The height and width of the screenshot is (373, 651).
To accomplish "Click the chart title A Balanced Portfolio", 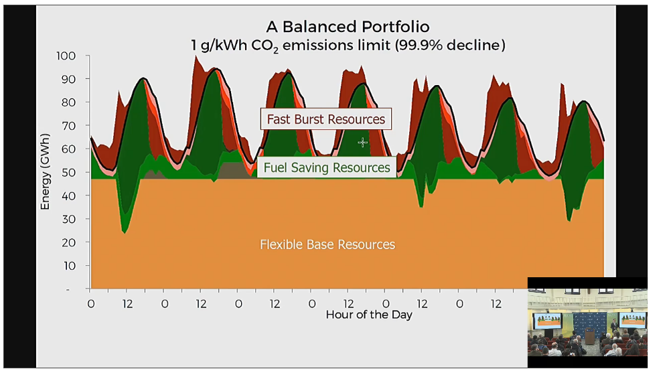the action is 348,27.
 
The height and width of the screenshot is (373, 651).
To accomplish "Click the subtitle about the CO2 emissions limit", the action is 348,46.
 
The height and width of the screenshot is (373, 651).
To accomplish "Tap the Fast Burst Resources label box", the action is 326,119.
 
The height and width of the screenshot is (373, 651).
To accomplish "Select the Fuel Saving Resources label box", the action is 327,167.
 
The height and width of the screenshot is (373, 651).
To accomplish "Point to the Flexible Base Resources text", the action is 328,244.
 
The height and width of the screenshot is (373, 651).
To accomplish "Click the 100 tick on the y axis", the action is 66,56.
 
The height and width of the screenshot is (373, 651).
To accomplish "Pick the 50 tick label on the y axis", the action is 69,172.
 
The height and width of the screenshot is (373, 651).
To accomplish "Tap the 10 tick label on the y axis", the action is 70,266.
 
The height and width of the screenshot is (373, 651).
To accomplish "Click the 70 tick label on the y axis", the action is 69,126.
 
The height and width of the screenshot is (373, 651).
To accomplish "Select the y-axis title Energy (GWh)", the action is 45,171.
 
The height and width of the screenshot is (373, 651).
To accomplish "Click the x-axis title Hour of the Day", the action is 369,315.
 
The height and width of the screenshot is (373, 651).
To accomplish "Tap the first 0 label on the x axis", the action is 91,304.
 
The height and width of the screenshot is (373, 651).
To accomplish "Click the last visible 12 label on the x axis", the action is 496,304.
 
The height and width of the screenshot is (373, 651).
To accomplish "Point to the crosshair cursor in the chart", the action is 362,143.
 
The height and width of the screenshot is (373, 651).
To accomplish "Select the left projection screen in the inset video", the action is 547,320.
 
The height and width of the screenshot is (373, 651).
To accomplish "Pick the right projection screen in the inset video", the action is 633,320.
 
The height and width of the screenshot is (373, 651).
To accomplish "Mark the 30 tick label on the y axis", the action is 69,219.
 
